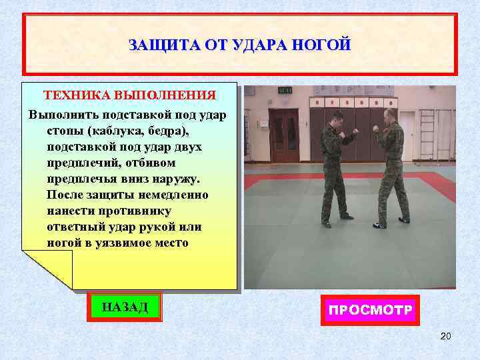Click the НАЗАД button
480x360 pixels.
click(x=125, y=307)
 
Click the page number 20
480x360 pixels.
click(x=446, y=335)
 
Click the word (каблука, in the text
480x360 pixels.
click(x=120, y=130)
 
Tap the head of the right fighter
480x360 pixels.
click(x=389, y=114)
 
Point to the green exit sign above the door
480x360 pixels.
click(x=285, y=90)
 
